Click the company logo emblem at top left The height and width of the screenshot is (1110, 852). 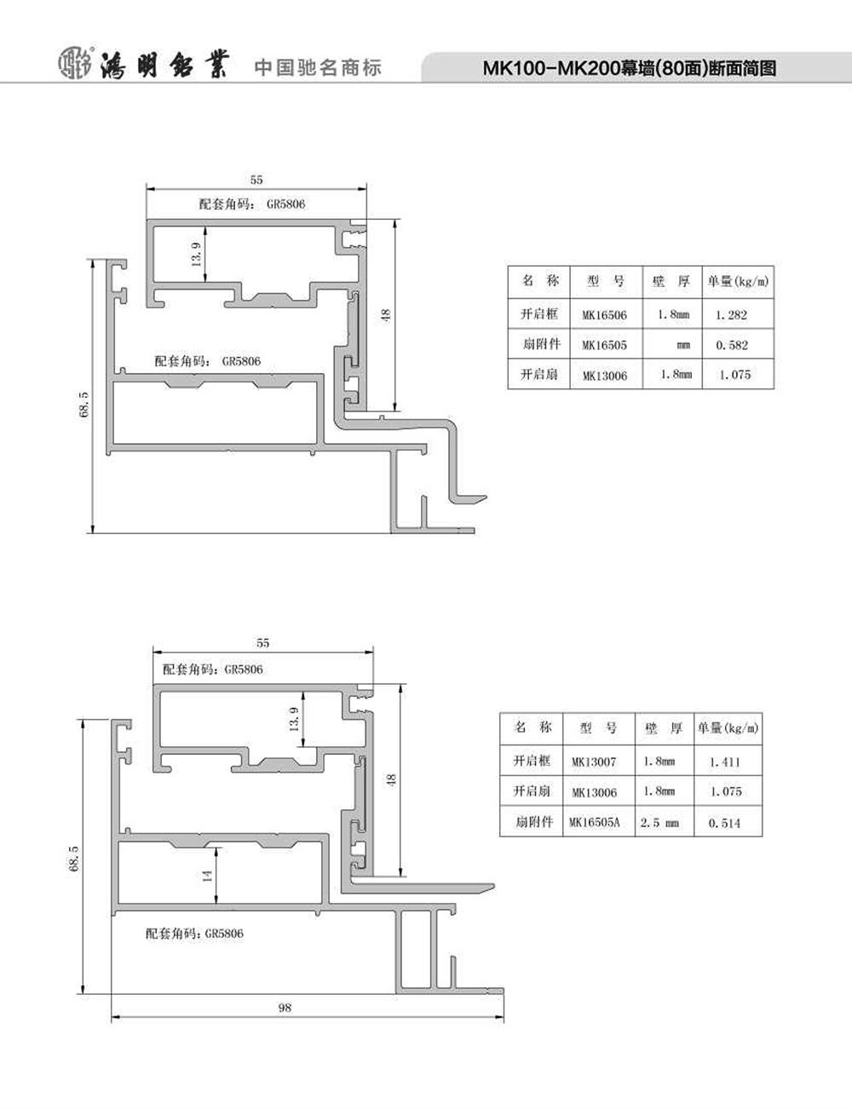[76, 64]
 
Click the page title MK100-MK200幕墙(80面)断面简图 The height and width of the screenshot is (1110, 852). [630, 68]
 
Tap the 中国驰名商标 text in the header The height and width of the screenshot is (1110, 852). [318, 67]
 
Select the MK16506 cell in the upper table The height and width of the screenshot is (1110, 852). [604, 315]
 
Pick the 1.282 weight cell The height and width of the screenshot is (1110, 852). [731, 315]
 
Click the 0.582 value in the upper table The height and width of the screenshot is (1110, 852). [732, 345]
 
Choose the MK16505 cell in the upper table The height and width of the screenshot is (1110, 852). [604, 345]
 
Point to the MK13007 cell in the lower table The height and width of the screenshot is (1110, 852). [594, 762]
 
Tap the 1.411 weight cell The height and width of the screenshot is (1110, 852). [724, 762]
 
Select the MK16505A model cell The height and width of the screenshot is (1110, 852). [595, 822]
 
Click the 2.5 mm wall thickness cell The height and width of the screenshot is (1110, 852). [659, 822]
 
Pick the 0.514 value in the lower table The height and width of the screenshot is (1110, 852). [724, 822]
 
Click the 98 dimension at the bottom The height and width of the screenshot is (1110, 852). [285, 1007]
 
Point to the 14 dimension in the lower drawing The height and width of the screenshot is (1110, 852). [206, 876]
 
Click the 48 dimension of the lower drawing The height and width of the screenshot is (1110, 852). [391, 780]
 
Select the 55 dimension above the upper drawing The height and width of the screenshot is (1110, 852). [256, 180]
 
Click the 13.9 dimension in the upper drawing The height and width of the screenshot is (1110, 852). [196, 254]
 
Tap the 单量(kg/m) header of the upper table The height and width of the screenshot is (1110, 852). [738, 281]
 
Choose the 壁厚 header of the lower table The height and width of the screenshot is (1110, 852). [664, 728]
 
